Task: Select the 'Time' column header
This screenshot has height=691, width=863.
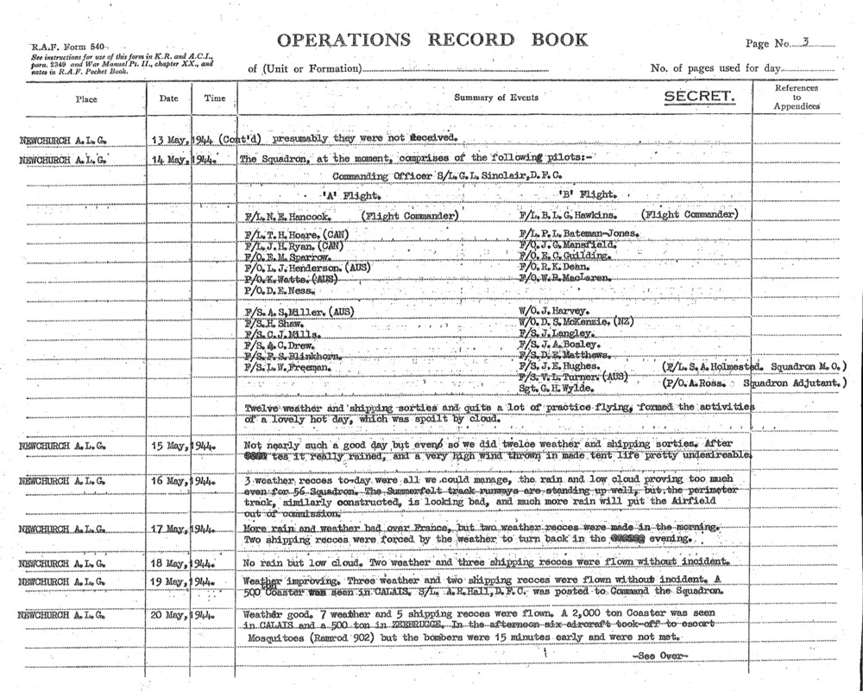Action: [x=214, y=98]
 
